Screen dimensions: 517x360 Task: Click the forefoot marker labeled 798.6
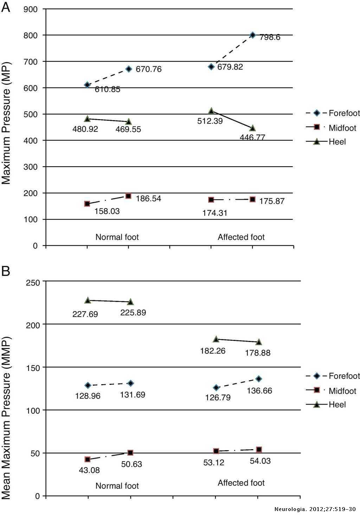(x=252, y=35)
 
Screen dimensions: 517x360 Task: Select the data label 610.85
(x=107, y=90)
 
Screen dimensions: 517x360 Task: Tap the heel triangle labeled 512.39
(x=211, y=111)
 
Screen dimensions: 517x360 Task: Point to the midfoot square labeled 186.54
(x=128, y=196)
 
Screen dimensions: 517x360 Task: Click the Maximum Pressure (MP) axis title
(x=6, y=123)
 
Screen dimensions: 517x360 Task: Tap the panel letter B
(x=6, y=272)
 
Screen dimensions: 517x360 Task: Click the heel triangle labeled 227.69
(x=88, y=300)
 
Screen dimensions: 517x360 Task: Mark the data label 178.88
(x=258, y=353)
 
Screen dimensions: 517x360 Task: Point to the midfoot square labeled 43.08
(x=88, y=459)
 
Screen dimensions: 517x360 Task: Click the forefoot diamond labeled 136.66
(x=259, y=379)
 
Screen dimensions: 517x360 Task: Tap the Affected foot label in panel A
(x=241, y=237)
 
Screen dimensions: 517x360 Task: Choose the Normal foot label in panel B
(x=117, y=486)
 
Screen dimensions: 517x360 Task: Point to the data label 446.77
(x=252, y=137)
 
